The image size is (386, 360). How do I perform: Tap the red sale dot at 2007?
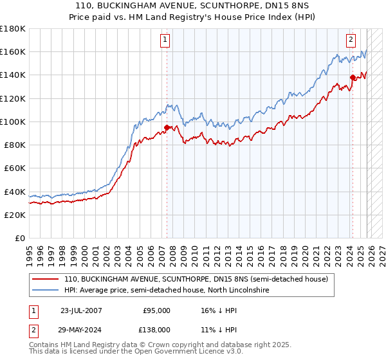167,127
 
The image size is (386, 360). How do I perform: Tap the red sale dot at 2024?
353,77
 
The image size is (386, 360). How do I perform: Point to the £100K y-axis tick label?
13,122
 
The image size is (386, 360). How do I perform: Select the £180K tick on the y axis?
13,29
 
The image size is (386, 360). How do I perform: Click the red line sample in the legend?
46,280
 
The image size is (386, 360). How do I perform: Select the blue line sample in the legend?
46,291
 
